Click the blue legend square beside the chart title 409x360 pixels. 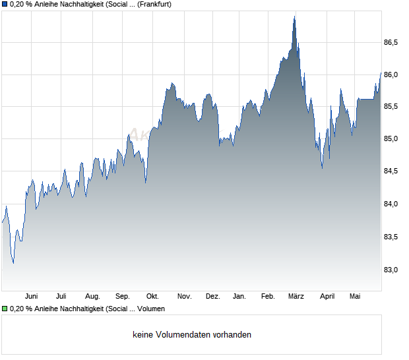[5, 5]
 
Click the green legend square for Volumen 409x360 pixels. [5, 309]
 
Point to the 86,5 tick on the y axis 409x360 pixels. [391, 42]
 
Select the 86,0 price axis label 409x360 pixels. [391, 75]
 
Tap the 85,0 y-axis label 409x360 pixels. [391, 138]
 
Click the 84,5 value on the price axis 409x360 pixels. [391, 171]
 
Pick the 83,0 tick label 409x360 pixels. [391, 270]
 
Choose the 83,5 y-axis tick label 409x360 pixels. [391, 237]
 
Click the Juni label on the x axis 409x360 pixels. [31, 297]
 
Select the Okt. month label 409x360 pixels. [152, 297]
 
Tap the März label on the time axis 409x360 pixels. [296, 297]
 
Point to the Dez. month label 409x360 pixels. [213, 297]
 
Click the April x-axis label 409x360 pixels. [327, 297]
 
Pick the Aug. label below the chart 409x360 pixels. [92, 297]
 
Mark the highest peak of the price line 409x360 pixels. [294, 16]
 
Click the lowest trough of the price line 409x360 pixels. [13, 263]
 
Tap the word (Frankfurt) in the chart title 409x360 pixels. [154, 5]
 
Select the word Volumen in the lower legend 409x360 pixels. [151, 309]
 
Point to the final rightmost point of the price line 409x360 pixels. [381, 73]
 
